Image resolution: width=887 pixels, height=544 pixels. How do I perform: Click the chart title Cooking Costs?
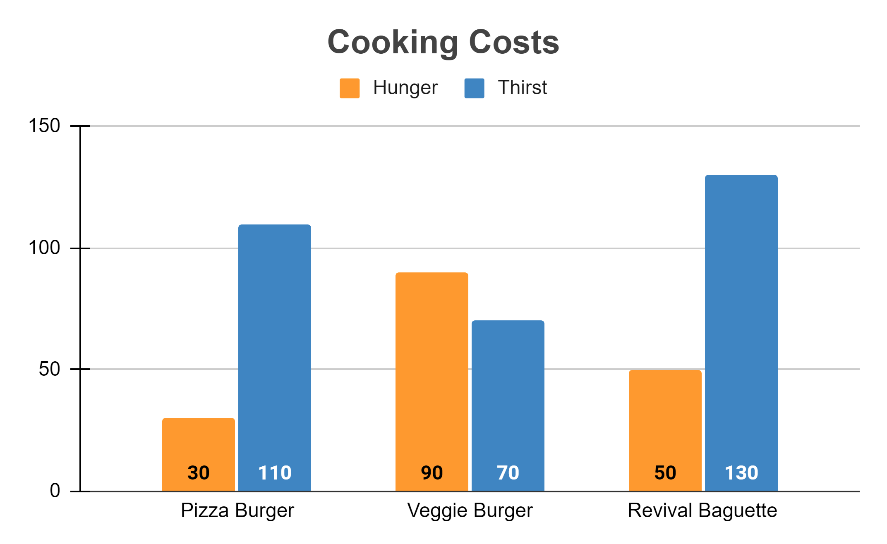(x=443, y=42)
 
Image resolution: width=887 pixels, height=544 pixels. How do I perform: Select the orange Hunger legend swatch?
(x=349, y=88)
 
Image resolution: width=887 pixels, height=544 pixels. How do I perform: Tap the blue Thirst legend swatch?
(x=474, y=88)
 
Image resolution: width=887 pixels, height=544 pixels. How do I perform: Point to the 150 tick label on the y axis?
(x=44, y=126)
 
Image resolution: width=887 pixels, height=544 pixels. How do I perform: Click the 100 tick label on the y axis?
(x=44, y=248)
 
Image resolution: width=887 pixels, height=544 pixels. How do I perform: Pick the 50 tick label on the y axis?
(x=49, y=369)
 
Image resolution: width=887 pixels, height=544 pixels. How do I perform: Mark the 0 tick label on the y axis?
(x=55, y=491)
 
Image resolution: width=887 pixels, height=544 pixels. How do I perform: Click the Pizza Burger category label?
(x=237, y=511)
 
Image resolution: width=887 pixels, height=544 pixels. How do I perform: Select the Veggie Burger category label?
(x=470, y=511)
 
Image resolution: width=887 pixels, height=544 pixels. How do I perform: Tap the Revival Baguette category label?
(x=702, y=511)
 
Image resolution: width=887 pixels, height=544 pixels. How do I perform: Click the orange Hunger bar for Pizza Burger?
(x=198, y=442)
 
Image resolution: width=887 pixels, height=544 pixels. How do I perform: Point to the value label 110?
(x=275, y=473)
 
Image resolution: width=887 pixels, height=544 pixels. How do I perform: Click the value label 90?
(x=432, y=473)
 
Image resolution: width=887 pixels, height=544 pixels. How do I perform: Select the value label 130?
(x=741, y=473)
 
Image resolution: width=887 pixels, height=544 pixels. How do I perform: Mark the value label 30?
(x=198, y=473)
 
